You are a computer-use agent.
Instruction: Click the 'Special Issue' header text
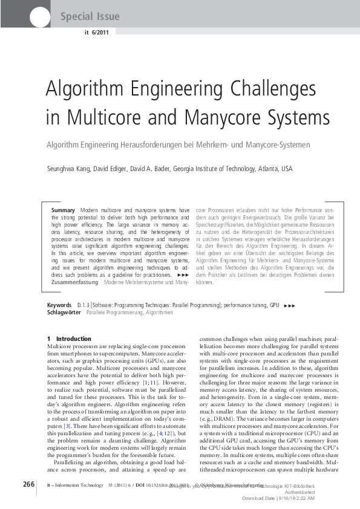[x=90, y=16]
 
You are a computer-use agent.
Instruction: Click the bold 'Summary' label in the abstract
[x=63, y=210]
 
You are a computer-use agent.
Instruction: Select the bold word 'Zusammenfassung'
[x=76, y=282]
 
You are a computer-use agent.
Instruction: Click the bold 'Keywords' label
[x=59, y=306]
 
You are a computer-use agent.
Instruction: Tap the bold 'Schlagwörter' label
[x=64, y=313]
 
